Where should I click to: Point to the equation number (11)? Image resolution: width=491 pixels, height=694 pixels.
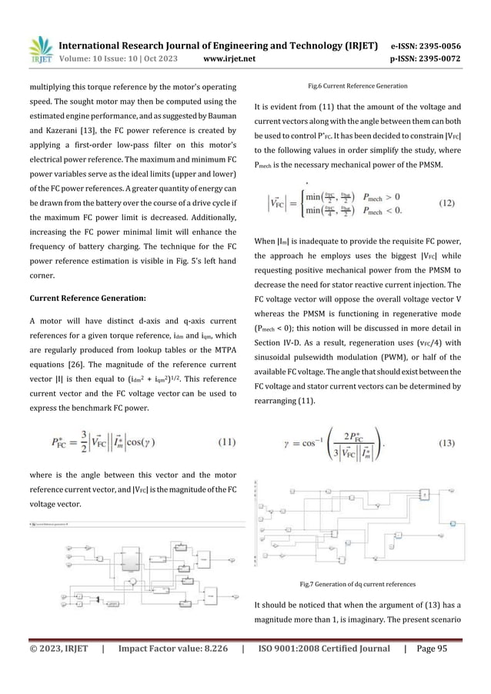click(x=222, y=442)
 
